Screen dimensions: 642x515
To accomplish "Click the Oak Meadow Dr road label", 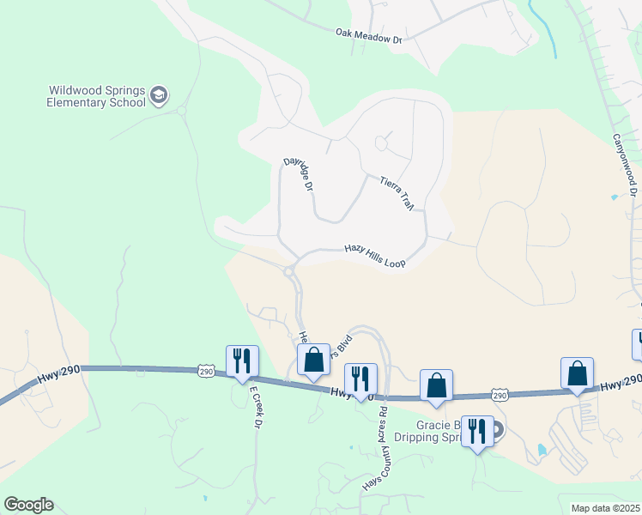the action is tap(368, 33).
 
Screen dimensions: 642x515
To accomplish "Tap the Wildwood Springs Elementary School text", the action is tap(97, 95).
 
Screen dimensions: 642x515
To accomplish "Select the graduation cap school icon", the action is tap(159, 95).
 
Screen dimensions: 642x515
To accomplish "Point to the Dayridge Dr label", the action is tap(298, 176).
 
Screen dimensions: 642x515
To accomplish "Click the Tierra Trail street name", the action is tap(397, 192).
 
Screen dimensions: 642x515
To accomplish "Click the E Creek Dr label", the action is tap(255, 407).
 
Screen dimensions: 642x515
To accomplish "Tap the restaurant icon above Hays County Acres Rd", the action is tap(360, 379).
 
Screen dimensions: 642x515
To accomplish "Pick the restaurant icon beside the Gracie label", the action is tap(477, 431).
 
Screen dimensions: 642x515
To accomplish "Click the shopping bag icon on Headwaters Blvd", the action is tap(313, 360).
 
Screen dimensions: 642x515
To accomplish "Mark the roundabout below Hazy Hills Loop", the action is tap(289, 271).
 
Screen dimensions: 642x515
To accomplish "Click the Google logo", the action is tap(28, 505).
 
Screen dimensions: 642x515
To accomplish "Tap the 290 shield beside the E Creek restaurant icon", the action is tap(206, 371).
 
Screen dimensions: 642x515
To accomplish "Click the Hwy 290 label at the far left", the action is tap(58, 374).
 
